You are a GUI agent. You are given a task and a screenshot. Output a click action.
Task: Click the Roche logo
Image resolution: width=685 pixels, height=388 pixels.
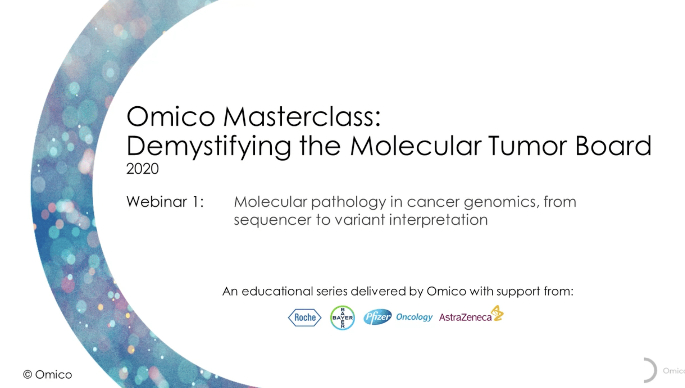pyautogui.click(x=305, y=317)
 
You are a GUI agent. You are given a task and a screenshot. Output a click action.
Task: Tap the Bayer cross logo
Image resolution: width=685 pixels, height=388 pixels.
pyautogui.click(x=342, y=318)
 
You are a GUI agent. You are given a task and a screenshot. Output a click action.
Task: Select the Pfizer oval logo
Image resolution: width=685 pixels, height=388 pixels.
pyautogui.click(x=377, y=317)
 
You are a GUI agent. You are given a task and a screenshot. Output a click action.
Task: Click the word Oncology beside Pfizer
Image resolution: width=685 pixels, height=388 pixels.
pyautogui.click(x=414, y=317)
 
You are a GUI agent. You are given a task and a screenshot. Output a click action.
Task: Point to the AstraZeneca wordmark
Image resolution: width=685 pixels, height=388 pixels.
pyautogui.click(x=465, y=317)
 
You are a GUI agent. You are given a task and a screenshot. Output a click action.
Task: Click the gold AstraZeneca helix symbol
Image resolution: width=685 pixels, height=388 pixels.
pyautogui.click(x=498, y=313)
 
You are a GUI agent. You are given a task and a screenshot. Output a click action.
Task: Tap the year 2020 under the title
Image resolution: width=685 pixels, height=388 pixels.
pyautogui.click(x=142, y=169)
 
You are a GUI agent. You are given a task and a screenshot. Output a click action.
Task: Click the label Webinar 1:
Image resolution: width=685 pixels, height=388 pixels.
pyautogui.click(x=165, y=201)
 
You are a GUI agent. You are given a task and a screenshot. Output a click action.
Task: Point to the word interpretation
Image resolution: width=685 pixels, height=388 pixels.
pyautogui.click(x=438, y=220)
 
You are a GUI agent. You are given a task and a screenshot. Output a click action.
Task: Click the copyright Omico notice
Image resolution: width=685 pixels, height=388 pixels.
pyautogui.click(x=47, y=375)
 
